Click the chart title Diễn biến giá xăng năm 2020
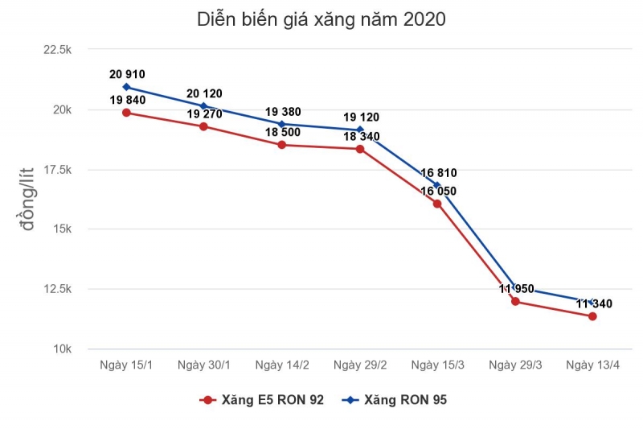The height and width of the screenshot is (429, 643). tap(321, 19)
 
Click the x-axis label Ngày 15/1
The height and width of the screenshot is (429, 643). tap(126, 365)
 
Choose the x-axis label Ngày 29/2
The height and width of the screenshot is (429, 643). tap(359, 365)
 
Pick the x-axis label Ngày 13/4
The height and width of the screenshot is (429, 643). tap(592, 365)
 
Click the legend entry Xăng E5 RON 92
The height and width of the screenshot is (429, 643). tap(263, 399)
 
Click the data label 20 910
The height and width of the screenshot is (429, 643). tap(127, 74)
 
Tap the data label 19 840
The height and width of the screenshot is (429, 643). tap(126, 99)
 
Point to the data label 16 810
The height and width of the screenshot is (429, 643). tap(437, 172)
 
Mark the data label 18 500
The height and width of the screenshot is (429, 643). tap(281, 131)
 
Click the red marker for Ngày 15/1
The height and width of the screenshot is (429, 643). tap(126, 113)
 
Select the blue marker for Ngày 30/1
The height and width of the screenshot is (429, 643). tap(203, 105)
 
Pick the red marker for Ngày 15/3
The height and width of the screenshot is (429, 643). tap(437, 204)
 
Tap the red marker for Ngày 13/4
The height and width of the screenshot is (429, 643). tap(592, 316)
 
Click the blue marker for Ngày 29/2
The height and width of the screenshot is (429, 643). tap(359, 130)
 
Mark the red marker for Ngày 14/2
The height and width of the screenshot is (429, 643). tap(281, 145)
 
